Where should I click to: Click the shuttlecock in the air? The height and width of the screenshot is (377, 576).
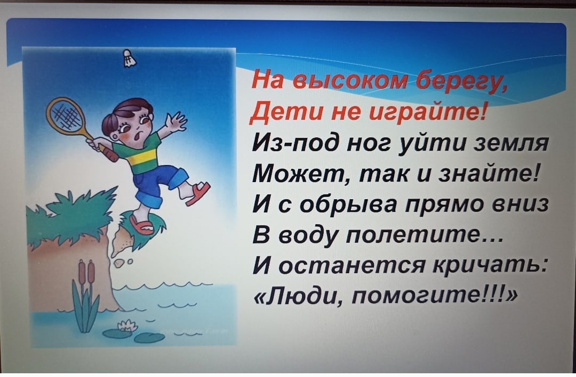coord(128,59)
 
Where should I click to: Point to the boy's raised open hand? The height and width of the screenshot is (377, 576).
coord(176,121)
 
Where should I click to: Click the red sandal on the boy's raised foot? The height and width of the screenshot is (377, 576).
coord(199,194)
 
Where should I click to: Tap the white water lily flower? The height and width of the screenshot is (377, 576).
coord(127,325)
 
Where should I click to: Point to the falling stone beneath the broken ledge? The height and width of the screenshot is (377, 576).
coord(119,263)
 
